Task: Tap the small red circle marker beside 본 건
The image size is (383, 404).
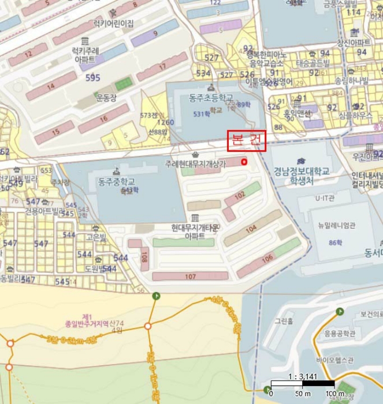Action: tap(244, 162)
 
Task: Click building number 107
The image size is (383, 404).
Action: tap(191, 276)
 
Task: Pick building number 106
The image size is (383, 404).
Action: tap(267, 259)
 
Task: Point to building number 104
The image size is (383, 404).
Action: tap(251, 229)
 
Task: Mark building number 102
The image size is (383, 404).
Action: tap(239, 196)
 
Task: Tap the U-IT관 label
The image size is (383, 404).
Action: tap(325, 198)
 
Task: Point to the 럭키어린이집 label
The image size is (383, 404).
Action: tap(114, 24)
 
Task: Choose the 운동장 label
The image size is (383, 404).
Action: tap(106, 98)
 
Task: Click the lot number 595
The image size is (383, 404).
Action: tap(92, 77)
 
